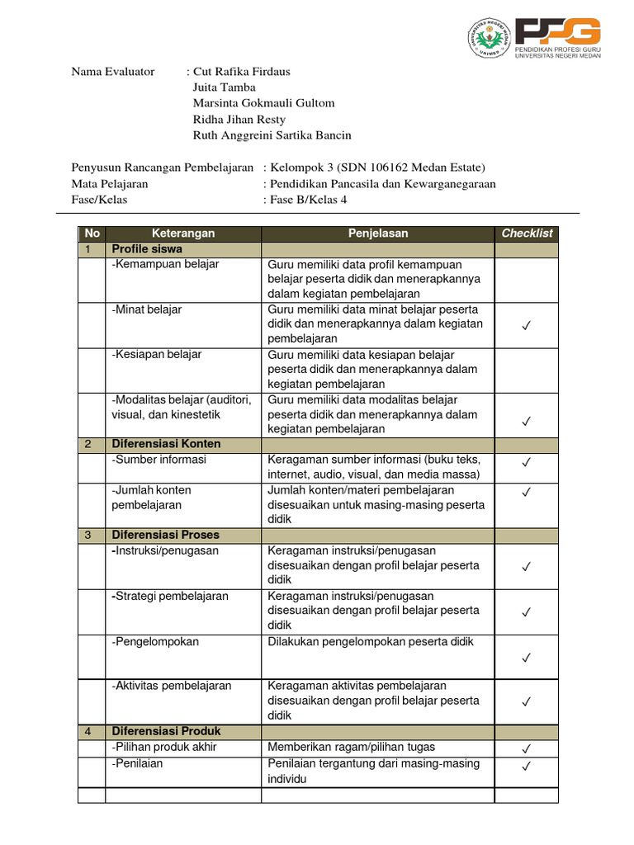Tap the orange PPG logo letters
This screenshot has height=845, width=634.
tap(557, 31)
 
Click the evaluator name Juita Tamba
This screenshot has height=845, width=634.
tap(224, 87)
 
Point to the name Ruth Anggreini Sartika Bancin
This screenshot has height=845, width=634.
tap(272, 135)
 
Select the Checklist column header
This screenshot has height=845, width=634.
tap(527, 234)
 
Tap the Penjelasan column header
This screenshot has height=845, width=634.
tap(378, 234)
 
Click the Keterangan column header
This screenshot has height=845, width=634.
tap(183, 234)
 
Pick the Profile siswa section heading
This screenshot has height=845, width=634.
tap(147, 249)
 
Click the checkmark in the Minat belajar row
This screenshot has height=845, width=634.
tap(527, 327)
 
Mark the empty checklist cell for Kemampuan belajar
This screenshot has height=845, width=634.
tap(527, 280)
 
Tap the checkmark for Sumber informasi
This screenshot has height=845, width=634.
tap(527, 462)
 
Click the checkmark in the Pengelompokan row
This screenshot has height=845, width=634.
tap(527, 658)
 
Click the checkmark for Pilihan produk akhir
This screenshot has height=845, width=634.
tap(527, 748)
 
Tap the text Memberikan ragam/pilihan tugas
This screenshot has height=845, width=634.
tap(351, 748)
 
